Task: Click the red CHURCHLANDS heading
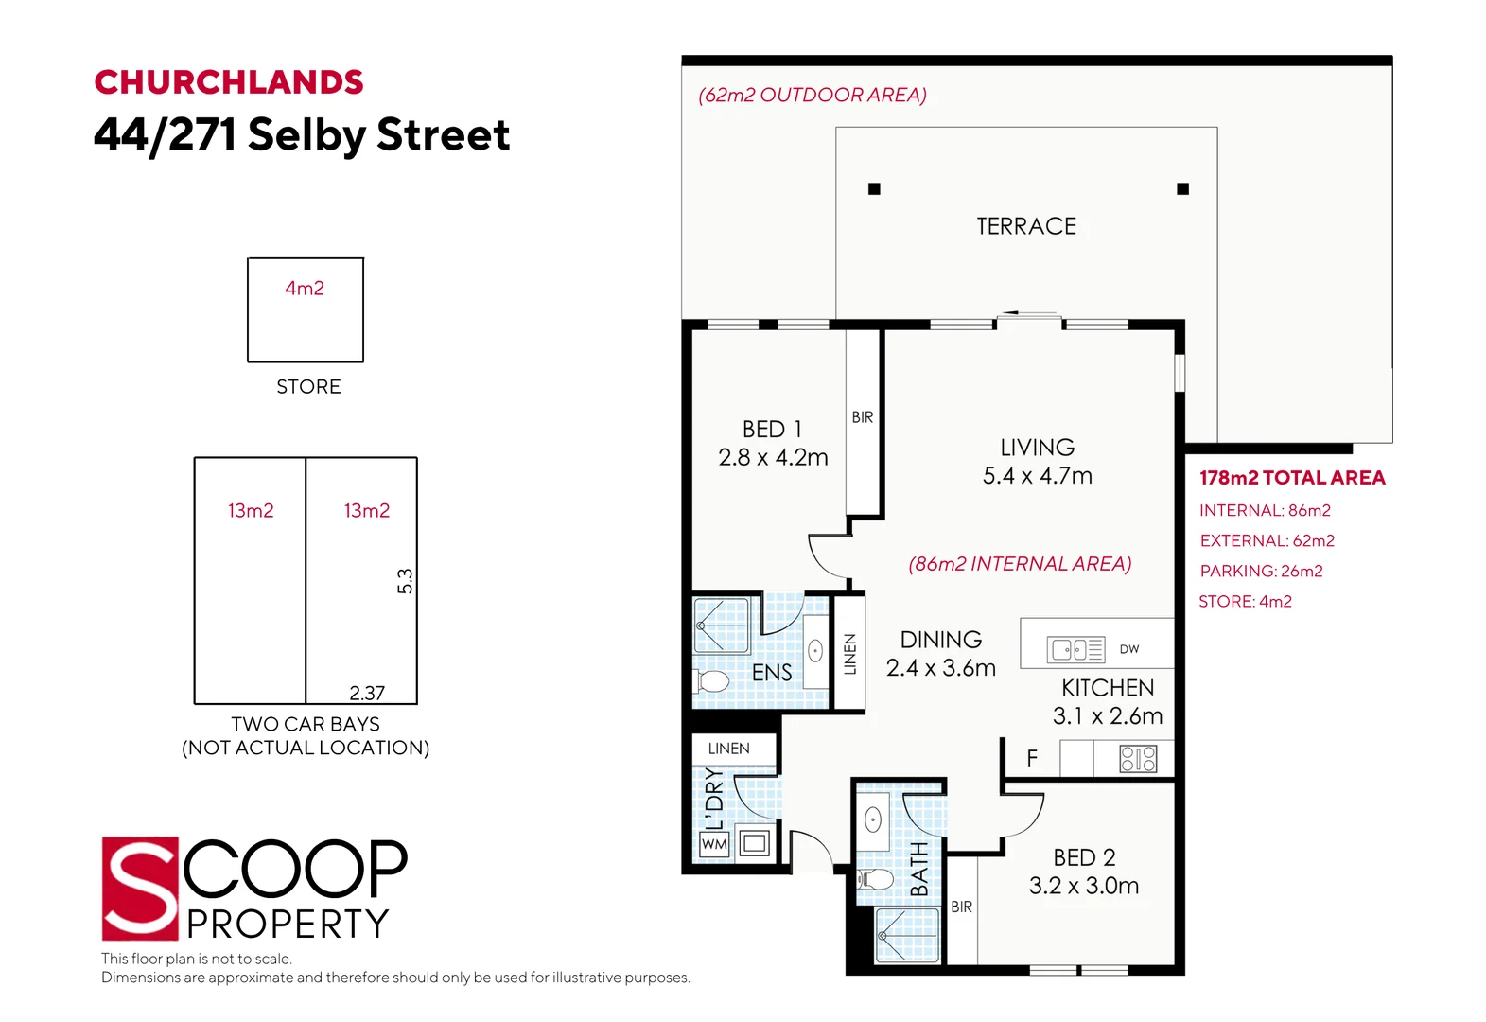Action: tap(229, 83)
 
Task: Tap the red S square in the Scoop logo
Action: tap(140, 889)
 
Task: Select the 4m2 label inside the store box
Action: tap(305, 288)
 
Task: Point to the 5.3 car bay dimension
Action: tap(405, 581)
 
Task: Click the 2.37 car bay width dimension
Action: tap(367, 693)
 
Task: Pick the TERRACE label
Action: tap(1026, 226)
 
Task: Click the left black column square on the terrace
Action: tap(874, 189)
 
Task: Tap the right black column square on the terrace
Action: tap(1182, 189)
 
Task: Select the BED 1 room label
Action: tap(772, 430)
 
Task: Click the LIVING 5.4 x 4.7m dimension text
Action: tap(1038, 476)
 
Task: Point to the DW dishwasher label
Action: tap(1129, 649)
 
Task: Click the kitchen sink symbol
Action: tap(1076, 649)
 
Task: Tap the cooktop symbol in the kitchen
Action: tap(1138, 759)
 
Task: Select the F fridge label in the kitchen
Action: tap(1032, 758)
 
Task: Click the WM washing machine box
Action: tap(714, 844)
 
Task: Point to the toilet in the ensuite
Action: tap(711, 681)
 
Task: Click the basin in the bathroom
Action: tap(873, 820)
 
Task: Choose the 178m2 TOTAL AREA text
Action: tap(1292, 478)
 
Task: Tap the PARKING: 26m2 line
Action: tap(1262, 572)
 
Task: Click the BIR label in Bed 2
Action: tap(961, 907)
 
